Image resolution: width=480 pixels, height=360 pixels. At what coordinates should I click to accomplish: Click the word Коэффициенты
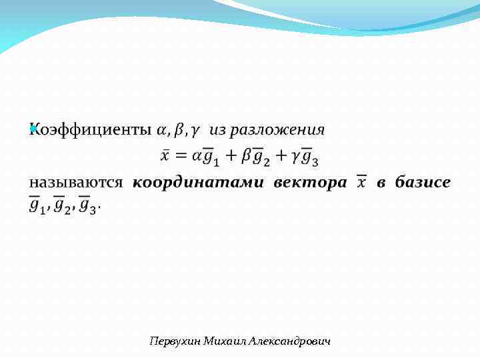point(90,129)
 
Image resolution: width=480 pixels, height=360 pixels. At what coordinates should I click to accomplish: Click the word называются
point(75,182)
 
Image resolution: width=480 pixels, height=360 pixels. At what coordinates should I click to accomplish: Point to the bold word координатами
point(198,182)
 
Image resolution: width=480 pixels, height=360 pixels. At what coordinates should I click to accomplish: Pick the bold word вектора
point(310,182)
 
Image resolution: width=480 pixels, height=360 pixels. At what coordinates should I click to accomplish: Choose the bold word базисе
point(423,182)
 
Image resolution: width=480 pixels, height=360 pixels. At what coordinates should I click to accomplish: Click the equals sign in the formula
point(181,156)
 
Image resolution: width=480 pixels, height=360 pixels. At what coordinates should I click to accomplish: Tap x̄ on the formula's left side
point(166,155)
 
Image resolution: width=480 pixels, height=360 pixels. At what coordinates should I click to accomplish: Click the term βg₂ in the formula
point(255,157)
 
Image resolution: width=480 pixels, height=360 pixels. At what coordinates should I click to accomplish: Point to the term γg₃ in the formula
point(305,157)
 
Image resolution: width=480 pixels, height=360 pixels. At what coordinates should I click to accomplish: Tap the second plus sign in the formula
point(280,156)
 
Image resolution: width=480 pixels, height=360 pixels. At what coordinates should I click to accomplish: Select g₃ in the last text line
point(88,205)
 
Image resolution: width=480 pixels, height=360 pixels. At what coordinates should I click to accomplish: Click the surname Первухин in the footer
point(173,341)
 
